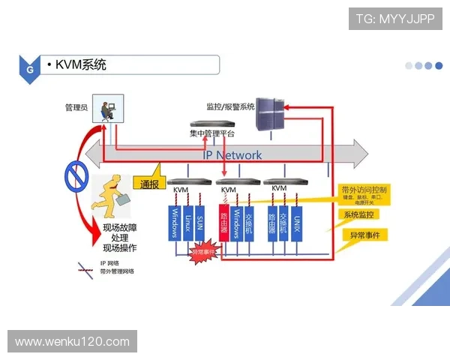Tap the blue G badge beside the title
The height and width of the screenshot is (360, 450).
click(29, 68)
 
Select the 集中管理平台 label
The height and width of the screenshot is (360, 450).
click(211, 133)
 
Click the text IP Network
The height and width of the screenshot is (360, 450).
click(233, 154)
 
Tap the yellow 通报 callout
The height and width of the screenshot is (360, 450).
click(149, 183)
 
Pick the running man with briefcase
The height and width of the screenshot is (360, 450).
click(114, 196)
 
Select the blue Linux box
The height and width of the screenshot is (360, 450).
click(187, 223)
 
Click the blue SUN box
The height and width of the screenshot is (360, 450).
click(199, 223)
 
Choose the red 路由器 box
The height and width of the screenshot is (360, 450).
click(223, 223)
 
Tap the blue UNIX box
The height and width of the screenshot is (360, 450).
click(297, 223)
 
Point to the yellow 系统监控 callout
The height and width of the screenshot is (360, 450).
click(361, 215)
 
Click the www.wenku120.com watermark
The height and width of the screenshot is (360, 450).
click(72, 342)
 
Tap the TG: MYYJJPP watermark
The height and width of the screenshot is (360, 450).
click(395, 19)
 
